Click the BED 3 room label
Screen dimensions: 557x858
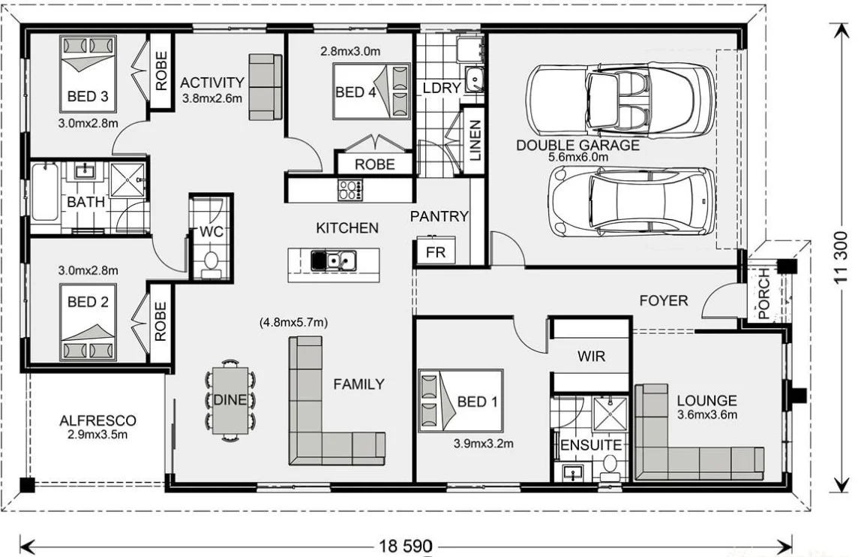[x=87, y=96]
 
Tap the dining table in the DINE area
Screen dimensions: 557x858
[x=229, y=399]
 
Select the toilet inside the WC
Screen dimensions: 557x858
[x=211, y=262]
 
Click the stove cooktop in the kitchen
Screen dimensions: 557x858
[x=349, y=189]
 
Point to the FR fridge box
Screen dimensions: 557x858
[x=435, y=252]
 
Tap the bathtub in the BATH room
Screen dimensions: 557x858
[x=45, y=193]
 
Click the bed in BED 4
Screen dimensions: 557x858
[x=371, y=92]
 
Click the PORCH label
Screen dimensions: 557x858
[x=764, y=294]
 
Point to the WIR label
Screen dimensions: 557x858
[x=591, y=356]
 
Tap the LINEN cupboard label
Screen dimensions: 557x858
[x=474, y=141]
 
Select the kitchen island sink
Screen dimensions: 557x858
[x=335, y=260]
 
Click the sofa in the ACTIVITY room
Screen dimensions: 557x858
[x=265, y=86]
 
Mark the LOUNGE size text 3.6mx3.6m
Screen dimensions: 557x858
[x=706, y=414]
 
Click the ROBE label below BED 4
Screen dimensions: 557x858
[x=374, y=164]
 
